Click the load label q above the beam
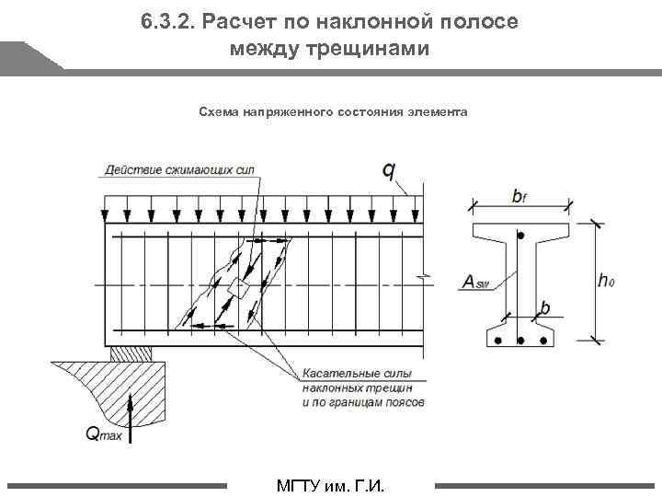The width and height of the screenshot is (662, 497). [x=389, y=171]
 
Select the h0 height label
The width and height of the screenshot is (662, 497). [x=606, y=281]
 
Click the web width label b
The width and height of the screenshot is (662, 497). [x=546, y=309]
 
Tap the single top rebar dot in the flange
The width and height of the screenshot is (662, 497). [x=520, y=237]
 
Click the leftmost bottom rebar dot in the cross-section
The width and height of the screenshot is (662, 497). [x=498, y=341]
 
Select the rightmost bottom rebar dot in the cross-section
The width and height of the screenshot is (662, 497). [x=542, y=341]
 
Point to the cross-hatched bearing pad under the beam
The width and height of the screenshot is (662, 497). [x=126, y=353]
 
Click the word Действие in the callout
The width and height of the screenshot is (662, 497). [x=131, y=169]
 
